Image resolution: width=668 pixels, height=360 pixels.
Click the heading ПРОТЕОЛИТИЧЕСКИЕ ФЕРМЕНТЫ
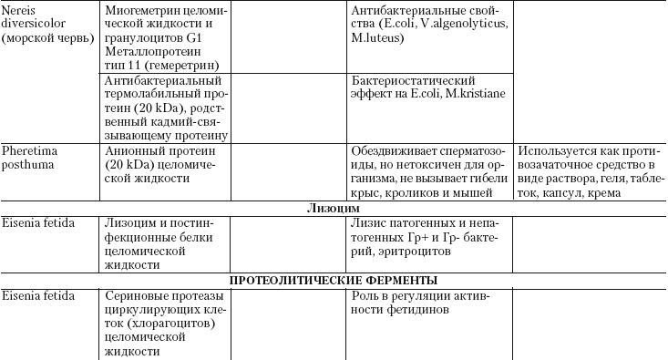333,280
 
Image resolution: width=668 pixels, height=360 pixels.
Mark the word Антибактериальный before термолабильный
160,80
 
